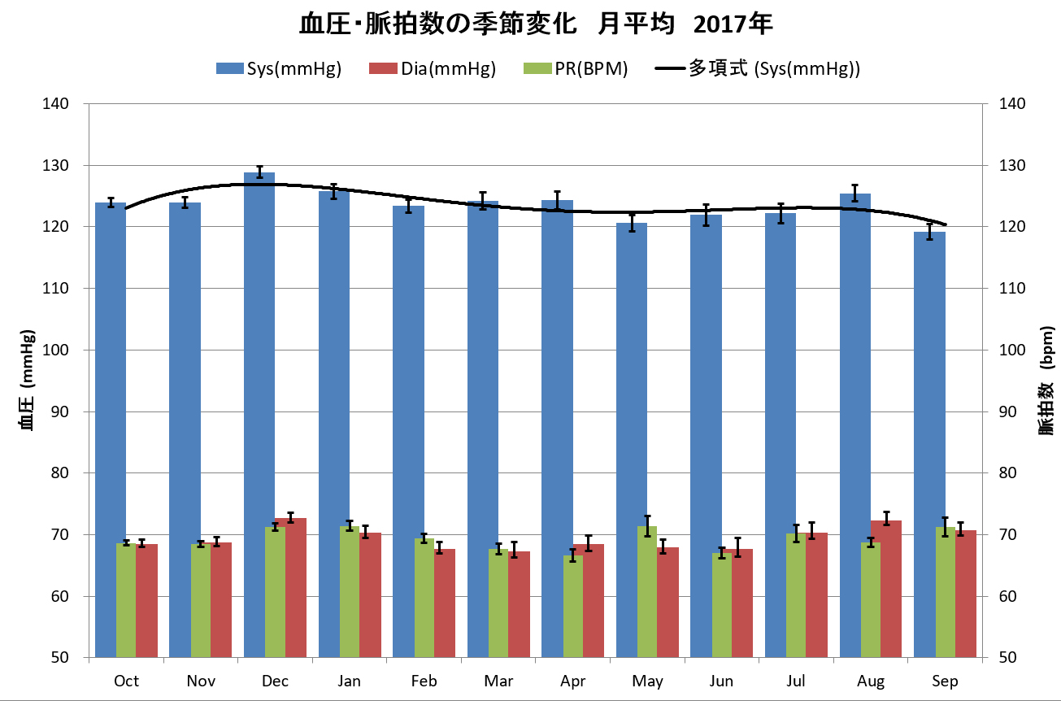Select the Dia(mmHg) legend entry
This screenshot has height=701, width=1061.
pyautogui.click(x=432, y=69)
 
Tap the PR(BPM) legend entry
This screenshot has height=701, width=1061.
pyautogui.click(x=576, y=69)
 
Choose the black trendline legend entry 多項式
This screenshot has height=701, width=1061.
pyautogui.click(x=756, y=69)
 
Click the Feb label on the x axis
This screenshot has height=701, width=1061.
pyautogui.click(x=424, y=681)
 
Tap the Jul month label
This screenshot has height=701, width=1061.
pyautogui.click(x=796, y=681)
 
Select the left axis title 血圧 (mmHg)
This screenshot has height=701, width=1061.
pyautogui.click(x=27, y=380)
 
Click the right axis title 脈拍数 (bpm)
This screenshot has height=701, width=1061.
pyautogui.click(x=1046, y=380)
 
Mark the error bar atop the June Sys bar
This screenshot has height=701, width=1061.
pyautogui.click(x=706, y=215)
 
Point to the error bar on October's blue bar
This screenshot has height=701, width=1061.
pyautogui.click(x=111, y=202)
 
